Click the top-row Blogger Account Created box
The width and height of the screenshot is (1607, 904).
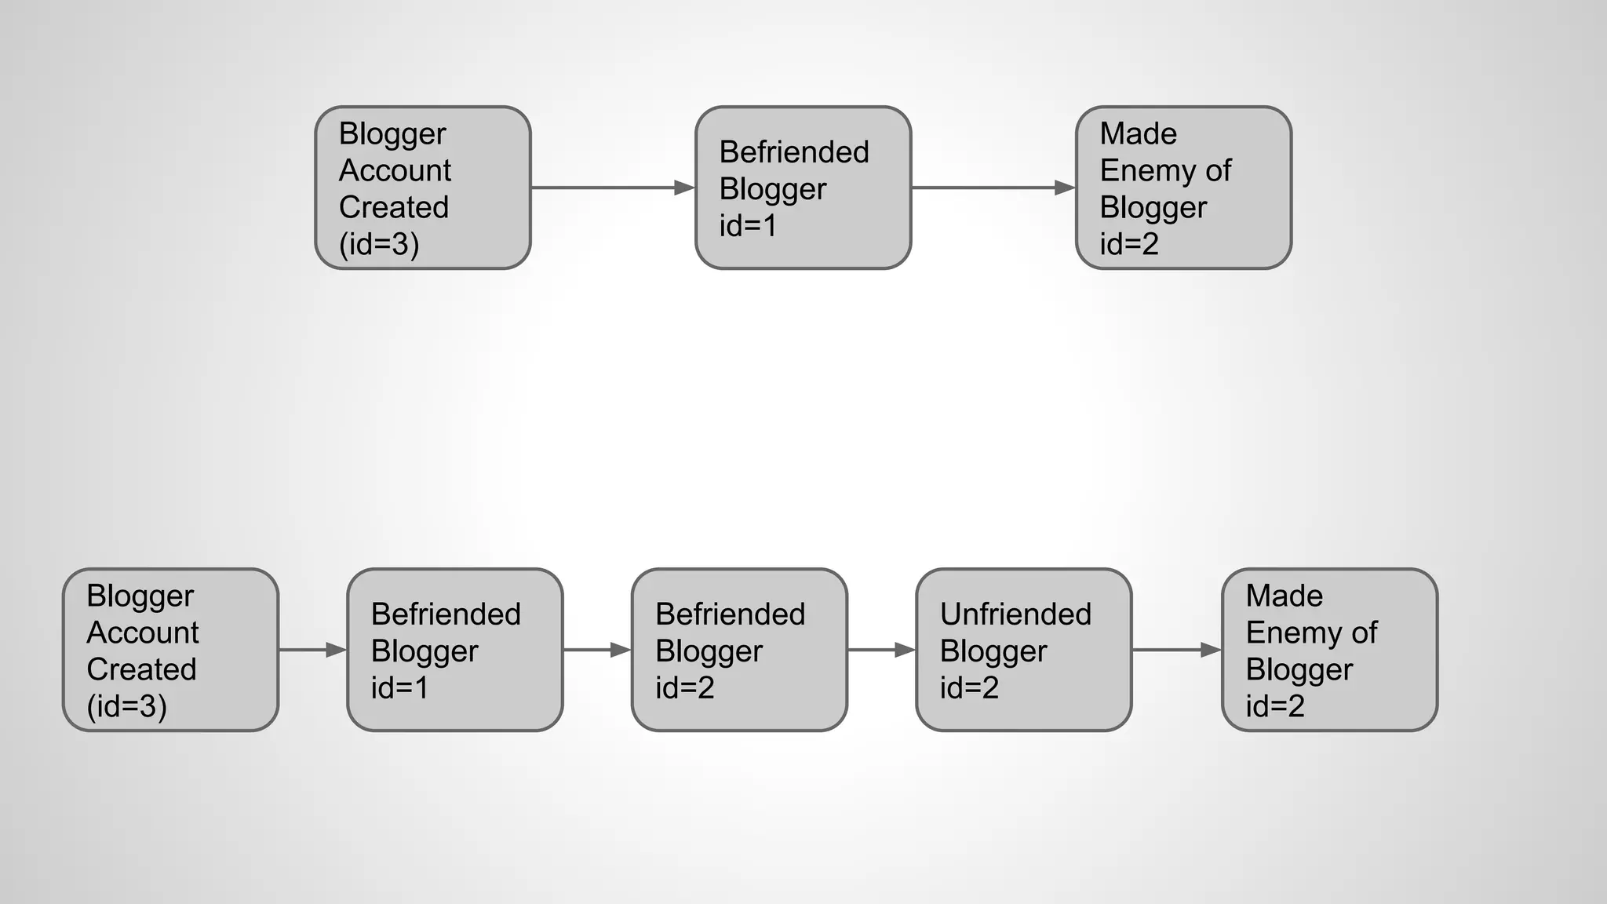tap(423, 188)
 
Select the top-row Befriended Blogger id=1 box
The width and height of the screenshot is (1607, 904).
tap(803, 188)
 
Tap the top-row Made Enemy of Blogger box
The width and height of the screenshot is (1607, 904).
tap(1183, 188)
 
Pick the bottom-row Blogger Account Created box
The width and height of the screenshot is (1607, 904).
tap(170, 650)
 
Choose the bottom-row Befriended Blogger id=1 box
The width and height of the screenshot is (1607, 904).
tap(455, 650)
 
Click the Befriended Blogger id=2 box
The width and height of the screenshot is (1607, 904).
tap(739, 650)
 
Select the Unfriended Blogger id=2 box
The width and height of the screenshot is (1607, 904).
tap(1023, 650)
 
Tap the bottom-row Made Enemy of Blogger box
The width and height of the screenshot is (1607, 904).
tap(1329, 650)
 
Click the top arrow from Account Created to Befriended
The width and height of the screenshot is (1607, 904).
tap(613, 188)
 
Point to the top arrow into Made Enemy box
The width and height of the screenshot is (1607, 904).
tap(993, 188)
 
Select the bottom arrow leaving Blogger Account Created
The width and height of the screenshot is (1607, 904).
tap(312, 650)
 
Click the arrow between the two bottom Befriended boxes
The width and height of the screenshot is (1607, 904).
tap(597, 650)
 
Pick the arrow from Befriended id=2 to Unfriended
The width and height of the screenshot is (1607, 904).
tap(881, 650)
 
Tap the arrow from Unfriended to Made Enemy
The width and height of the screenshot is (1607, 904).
tap(1176, 650)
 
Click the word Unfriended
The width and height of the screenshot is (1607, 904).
tap(1015, 614)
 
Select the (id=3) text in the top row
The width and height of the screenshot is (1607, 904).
tap(379, 244)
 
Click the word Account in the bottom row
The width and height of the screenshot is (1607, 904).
tap(143, 632)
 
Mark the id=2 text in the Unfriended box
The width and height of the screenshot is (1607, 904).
tap(969, 688)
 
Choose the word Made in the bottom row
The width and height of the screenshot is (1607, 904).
tap(1284, 596)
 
